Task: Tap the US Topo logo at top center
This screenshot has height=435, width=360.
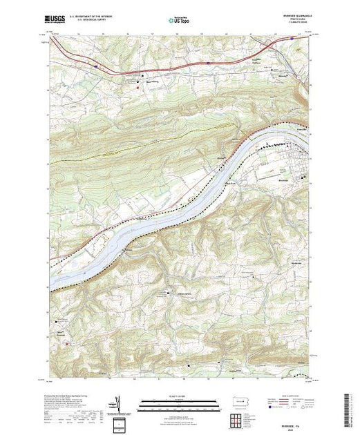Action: click(x=180, y=21)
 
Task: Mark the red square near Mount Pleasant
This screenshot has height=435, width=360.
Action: click(x=66, y=342)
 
